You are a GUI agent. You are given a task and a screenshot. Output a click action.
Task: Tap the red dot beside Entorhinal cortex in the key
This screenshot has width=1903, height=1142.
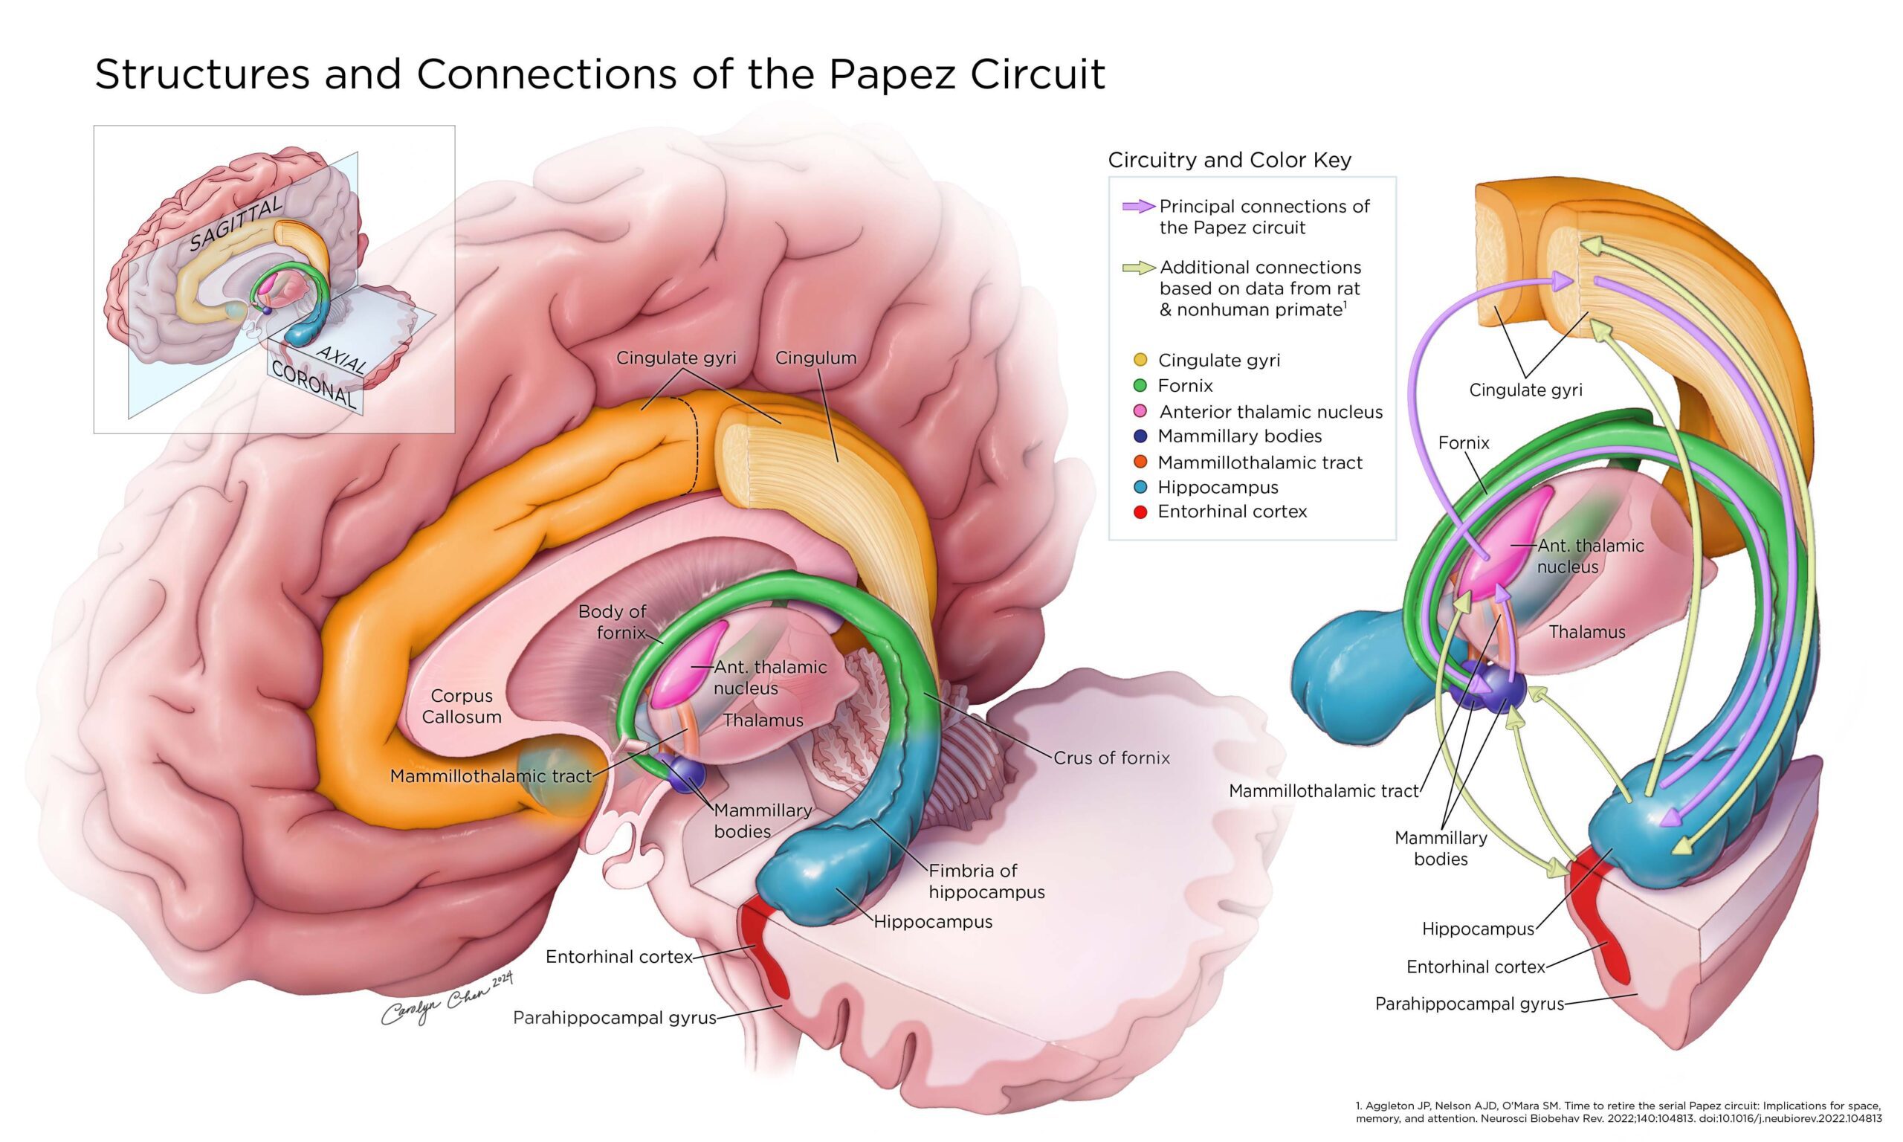[x=1141, y=512]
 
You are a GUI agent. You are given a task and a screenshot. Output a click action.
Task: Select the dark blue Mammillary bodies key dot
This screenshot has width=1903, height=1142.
[x=1141, y=436]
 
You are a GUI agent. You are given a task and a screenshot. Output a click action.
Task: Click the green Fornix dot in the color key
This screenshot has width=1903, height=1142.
[x=1141, y=386]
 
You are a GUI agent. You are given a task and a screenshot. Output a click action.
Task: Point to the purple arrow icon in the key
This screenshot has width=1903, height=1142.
[x=1138, y=206]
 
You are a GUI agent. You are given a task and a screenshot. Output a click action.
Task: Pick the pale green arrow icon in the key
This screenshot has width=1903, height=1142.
[x=1138, y=268]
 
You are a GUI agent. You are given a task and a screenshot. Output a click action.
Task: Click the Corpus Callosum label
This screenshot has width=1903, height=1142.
[x=462, y=706]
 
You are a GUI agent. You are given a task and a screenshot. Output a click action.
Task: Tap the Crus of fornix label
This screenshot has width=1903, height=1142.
[x=1111, y=758]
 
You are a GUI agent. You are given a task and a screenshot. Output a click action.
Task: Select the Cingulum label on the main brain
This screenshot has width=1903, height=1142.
[x=815, y=358]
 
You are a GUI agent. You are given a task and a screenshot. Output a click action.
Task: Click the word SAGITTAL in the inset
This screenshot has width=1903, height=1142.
[x=236, y=222]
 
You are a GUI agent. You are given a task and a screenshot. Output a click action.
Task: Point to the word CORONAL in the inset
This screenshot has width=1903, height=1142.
[x=314, y=385]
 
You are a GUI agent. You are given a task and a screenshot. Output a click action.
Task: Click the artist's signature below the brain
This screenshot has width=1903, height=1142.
[x=446, y=1001]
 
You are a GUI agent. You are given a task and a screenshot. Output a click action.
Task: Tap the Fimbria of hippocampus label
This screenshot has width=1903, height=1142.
[x=986, y=881]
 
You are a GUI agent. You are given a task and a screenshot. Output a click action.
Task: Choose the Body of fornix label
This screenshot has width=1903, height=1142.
[x=613, y=622]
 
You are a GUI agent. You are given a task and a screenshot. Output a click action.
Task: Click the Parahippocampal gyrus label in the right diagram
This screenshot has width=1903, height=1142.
[x=1469, y=1004]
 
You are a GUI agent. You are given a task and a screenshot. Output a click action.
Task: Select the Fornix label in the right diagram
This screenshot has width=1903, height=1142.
[x=1463, y=443]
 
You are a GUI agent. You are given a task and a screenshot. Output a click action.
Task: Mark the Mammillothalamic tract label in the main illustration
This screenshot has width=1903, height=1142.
[x=491, y=775]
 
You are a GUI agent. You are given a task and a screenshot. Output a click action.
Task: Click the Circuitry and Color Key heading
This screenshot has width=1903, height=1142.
[x=1230, y=160]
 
